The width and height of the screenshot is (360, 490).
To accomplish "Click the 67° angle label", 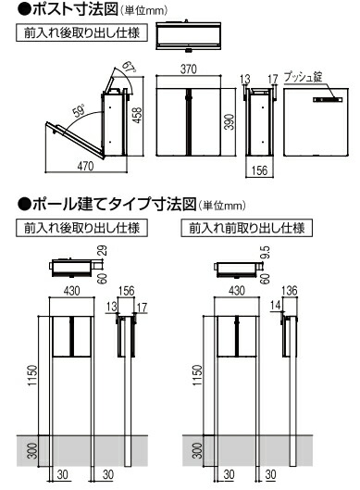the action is coord(129,66).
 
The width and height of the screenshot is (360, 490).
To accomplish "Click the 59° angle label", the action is coord(79,111).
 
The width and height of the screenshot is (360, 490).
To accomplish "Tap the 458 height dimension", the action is coord(137,115).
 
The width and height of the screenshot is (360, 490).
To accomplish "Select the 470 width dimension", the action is coord(85,166).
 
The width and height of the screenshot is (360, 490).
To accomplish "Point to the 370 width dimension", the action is coord(189,69).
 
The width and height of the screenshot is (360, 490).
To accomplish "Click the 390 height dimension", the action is coord(230,122).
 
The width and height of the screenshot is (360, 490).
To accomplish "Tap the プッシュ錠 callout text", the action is coord(303,77).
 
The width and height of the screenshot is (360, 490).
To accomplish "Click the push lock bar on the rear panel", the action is coord(328,100).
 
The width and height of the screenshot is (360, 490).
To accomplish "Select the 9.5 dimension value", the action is coord(266,252).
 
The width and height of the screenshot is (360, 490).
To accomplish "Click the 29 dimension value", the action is coord(103,251).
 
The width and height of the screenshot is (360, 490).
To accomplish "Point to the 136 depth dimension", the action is coord(290,291).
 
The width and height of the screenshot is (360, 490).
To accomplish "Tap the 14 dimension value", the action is coord(275,305).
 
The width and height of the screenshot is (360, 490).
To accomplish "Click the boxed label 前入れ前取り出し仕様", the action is coord(247,228).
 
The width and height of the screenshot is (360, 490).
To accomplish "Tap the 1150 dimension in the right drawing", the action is coord(197,375).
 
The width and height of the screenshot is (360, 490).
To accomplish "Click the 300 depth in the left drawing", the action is coord(32,450).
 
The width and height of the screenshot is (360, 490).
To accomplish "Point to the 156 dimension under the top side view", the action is coord(260,170).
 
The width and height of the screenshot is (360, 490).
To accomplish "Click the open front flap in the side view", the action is coord(75,140).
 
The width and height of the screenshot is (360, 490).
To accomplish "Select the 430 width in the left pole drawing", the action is coord(72,291).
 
